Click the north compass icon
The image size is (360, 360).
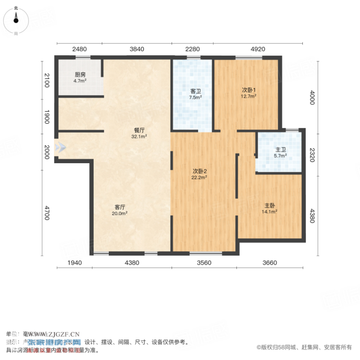pyautogui.click(x=16, y=19)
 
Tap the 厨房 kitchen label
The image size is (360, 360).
pyautogui.click(x=80, y=75)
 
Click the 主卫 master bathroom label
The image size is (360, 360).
pyautogui.click(x=280, y=149)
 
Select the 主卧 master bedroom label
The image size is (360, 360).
pyautogui.click(x=270, y=205)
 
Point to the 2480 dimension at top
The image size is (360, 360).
pyautogui.click(x=80, y=49)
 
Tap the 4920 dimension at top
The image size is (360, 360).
pyautogui.click(x=258, y=49)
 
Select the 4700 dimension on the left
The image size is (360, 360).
pyautogui.click(x=47, y=214)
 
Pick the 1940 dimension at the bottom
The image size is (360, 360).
pyautogui.click(x=75, y=263)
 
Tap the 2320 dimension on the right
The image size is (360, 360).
pyautogui.click(x=312, y=155)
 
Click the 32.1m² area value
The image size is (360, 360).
pyautogui.click(x=139, y=137)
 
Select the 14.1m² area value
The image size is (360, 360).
pyautogui.click(x=270, y=212)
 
